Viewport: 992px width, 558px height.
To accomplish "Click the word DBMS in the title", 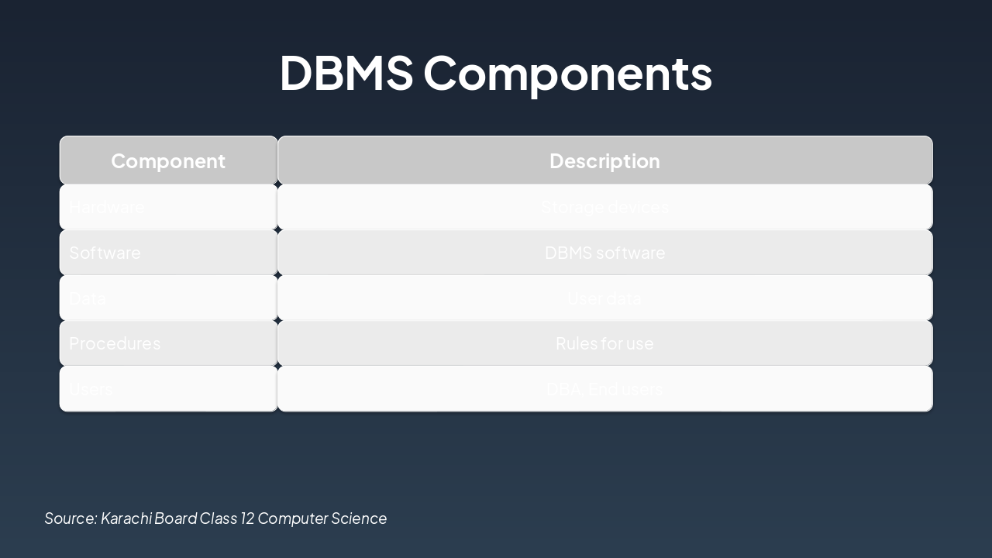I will [346, 73].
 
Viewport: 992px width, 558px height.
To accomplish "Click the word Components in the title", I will [567, 73].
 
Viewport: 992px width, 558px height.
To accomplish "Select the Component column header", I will [168, 160].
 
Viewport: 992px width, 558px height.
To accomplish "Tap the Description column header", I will [604, 160].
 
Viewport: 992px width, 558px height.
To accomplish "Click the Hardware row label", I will [107, 207].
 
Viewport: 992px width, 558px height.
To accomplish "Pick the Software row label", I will [105, 253].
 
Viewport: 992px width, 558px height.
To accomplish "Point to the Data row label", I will [88, 298].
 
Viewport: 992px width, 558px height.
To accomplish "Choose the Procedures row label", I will [115, 343].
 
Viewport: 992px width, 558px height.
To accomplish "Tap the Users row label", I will [91, 389].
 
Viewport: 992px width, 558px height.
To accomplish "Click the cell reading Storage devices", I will [604, 207].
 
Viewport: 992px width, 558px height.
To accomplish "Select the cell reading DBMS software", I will [604, 253].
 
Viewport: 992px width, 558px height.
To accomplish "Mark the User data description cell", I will [604, 298].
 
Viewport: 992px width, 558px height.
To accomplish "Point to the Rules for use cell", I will [604, 343].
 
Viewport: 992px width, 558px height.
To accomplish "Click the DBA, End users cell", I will [604, 389].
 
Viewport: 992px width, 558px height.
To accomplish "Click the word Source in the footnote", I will [71, 518].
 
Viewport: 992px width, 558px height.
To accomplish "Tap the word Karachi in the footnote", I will [126, 518].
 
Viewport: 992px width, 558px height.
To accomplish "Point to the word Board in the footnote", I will [175, 518].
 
